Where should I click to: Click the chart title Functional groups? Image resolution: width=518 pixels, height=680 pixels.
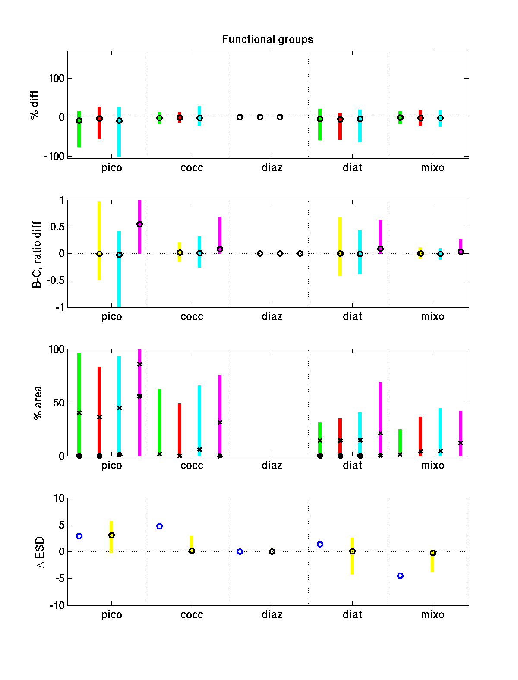(x=267, y=40)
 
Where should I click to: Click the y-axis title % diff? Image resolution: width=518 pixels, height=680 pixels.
(x=35, y=105)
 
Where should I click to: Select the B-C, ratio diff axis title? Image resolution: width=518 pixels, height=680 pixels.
(x=37, y=255)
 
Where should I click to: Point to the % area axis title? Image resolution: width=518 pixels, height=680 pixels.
(x=38, y=403)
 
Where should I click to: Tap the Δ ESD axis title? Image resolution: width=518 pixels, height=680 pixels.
(x=41, y=552)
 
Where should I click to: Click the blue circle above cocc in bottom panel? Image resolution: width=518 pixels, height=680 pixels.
(x=159, y=526)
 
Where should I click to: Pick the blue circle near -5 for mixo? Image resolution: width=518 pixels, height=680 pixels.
(x=400, y=576)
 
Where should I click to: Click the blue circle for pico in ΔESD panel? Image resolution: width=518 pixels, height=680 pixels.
(x=79, y=536)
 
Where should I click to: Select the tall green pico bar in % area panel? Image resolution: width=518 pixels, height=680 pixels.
(x=79, y=388)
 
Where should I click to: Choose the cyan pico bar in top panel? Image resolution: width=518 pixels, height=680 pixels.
(x=119, y=138)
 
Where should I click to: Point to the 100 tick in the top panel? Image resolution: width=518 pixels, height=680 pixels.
(x=56, y=79)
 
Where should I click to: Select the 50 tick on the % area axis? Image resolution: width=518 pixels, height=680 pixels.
(x=59, y=403)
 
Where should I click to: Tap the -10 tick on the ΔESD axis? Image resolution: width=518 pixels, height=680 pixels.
(x=57, y=606)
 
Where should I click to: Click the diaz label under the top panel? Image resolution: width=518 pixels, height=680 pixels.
(x=272, y=168)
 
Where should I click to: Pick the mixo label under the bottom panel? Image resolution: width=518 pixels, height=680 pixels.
(x=433, y=615)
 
